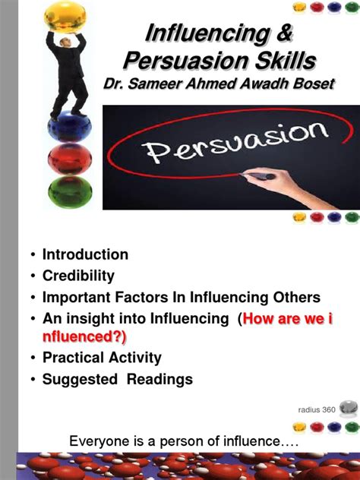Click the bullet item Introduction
[x=85, y=254]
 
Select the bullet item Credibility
[x=79, y=275]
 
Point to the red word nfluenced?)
[x=84, y=336]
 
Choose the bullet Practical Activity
[x=102, y=358]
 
